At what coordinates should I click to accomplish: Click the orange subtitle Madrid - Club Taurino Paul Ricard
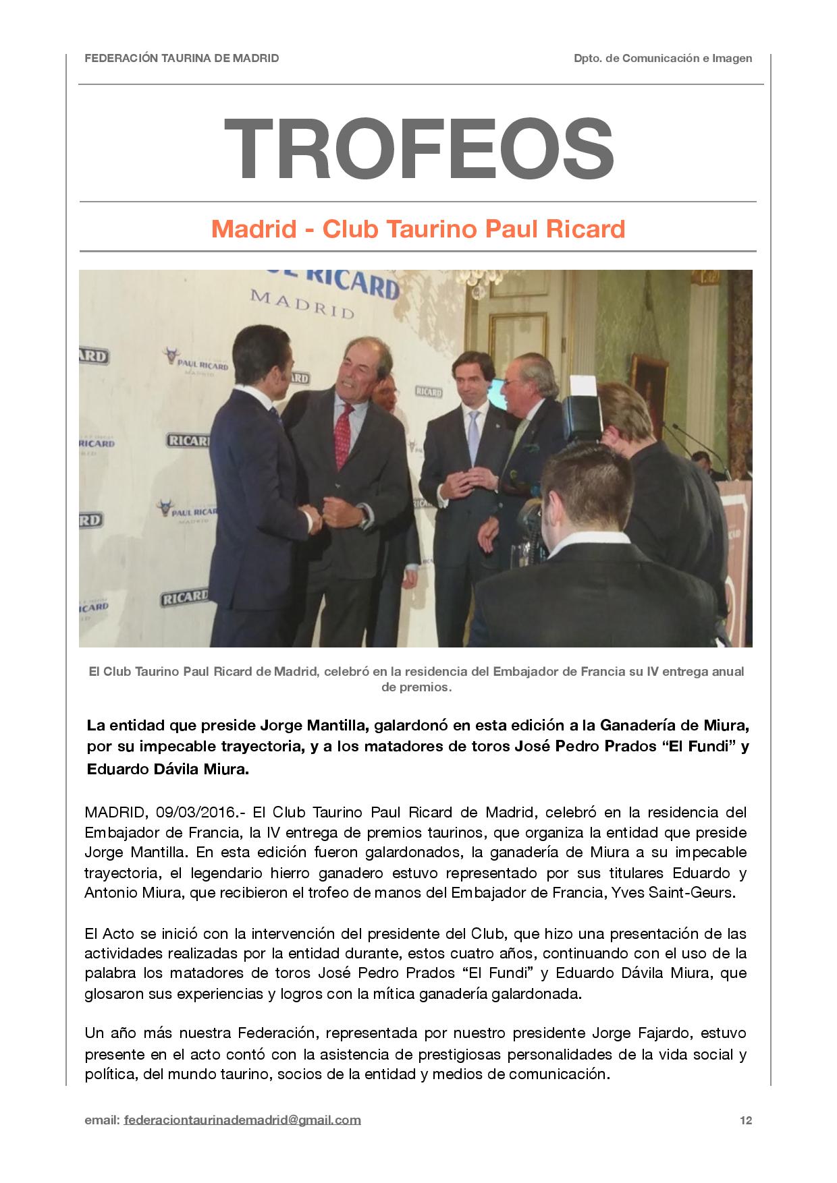(418, 229)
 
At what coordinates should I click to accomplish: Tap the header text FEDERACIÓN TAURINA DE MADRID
(182, 58)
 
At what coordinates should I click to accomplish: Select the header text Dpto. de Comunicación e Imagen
(663, 58)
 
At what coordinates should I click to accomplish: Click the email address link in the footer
(242, 1120)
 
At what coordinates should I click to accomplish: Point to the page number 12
(746, 1120)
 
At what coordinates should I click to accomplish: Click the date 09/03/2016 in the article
(193, 812)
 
